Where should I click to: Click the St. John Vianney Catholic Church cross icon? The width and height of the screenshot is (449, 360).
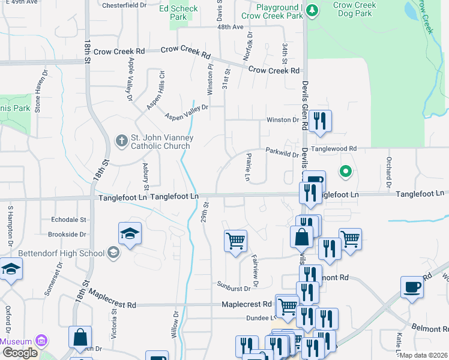coord(121,141)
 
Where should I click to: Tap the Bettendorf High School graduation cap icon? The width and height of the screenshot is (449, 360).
coord(113,253)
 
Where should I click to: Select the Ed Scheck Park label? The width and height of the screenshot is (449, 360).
coord(178,13)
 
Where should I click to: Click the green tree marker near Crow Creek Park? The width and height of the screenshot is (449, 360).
coord(312,10)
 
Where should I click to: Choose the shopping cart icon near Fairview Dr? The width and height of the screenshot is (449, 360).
coord(235,241)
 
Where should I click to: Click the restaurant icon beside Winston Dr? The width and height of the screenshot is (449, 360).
coord(320,121)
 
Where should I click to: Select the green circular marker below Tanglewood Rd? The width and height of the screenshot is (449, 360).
coord(345,172)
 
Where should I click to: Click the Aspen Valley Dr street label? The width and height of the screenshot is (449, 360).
coord(187,112)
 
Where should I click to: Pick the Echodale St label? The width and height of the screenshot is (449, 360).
coord(69,220)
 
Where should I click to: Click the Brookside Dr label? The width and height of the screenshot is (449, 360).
coord(68,234)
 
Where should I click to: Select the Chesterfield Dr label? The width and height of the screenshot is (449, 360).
coord(124,5)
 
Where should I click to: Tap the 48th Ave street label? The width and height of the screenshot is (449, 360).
coord(231,27)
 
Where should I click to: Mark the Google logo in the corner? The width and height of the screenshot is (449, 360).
coord(20,353)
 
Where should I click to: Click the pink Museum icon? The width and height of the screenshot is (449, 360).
coord(41,341)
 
